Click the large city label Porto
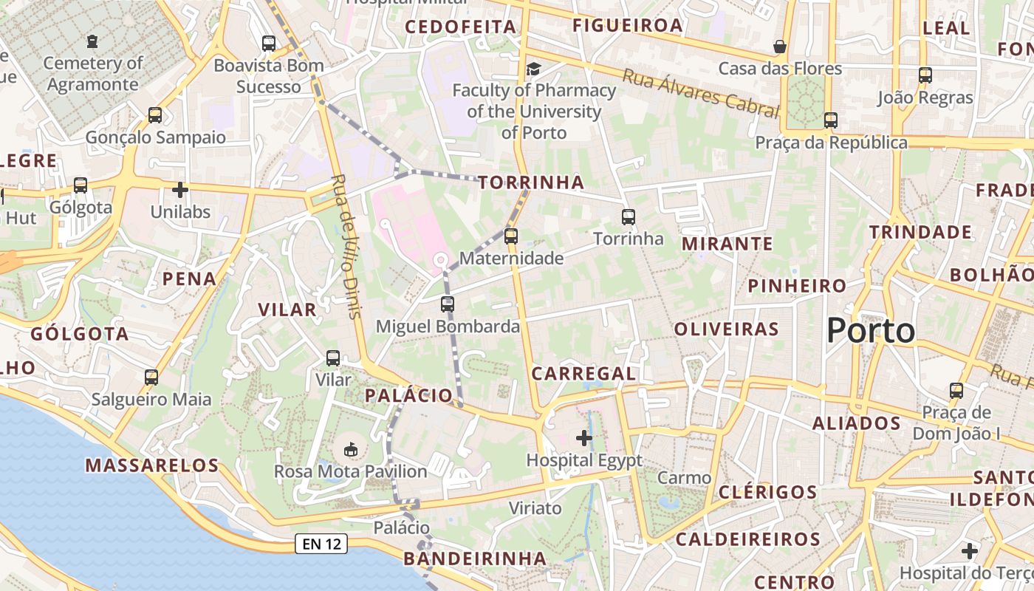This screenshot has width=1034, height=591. tap(871, 330)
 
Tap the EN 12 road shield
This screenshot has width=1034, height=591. tap(321, 544)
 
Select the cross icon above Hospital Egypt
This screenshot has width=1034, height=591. tap(584, 438)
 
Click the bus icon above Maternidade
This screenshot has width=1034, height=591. tap(510, 236)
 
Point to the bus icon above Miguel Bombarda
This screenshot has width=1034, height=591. tap(447, 304)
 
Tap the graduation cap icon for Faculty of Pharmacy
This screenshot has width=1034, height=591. tap(533, 69)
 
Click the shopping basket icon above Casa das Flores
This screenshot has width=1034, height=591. tap(780, 47)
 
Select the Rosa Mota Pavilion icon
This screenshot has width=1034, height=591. tap(351, 449)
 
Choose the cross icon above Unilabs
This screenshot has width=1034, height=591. tap(180, 190)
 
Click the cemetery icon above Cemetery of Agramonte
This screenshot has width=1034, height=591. tap(92, 41)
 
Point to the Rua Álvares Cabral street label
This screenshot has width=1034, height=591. tap(700, 93)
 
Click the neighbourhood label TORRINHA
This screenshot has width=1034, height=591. tap(530, 182)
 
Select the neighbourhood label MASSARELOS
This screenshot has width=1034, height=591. tap(152, 465)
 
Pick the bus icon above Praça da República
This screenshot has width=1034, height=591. tap(831, 120)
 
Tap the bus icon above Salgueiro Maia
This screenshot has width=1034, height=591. tap(151, 378)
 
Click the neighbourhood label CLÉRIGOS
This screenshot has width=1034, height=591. tap(767, 492)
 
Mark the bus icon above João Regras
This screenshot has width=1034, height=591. tap(925, 75)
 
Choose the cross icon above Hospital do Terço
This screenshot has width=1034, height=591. tap(970, 551)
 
